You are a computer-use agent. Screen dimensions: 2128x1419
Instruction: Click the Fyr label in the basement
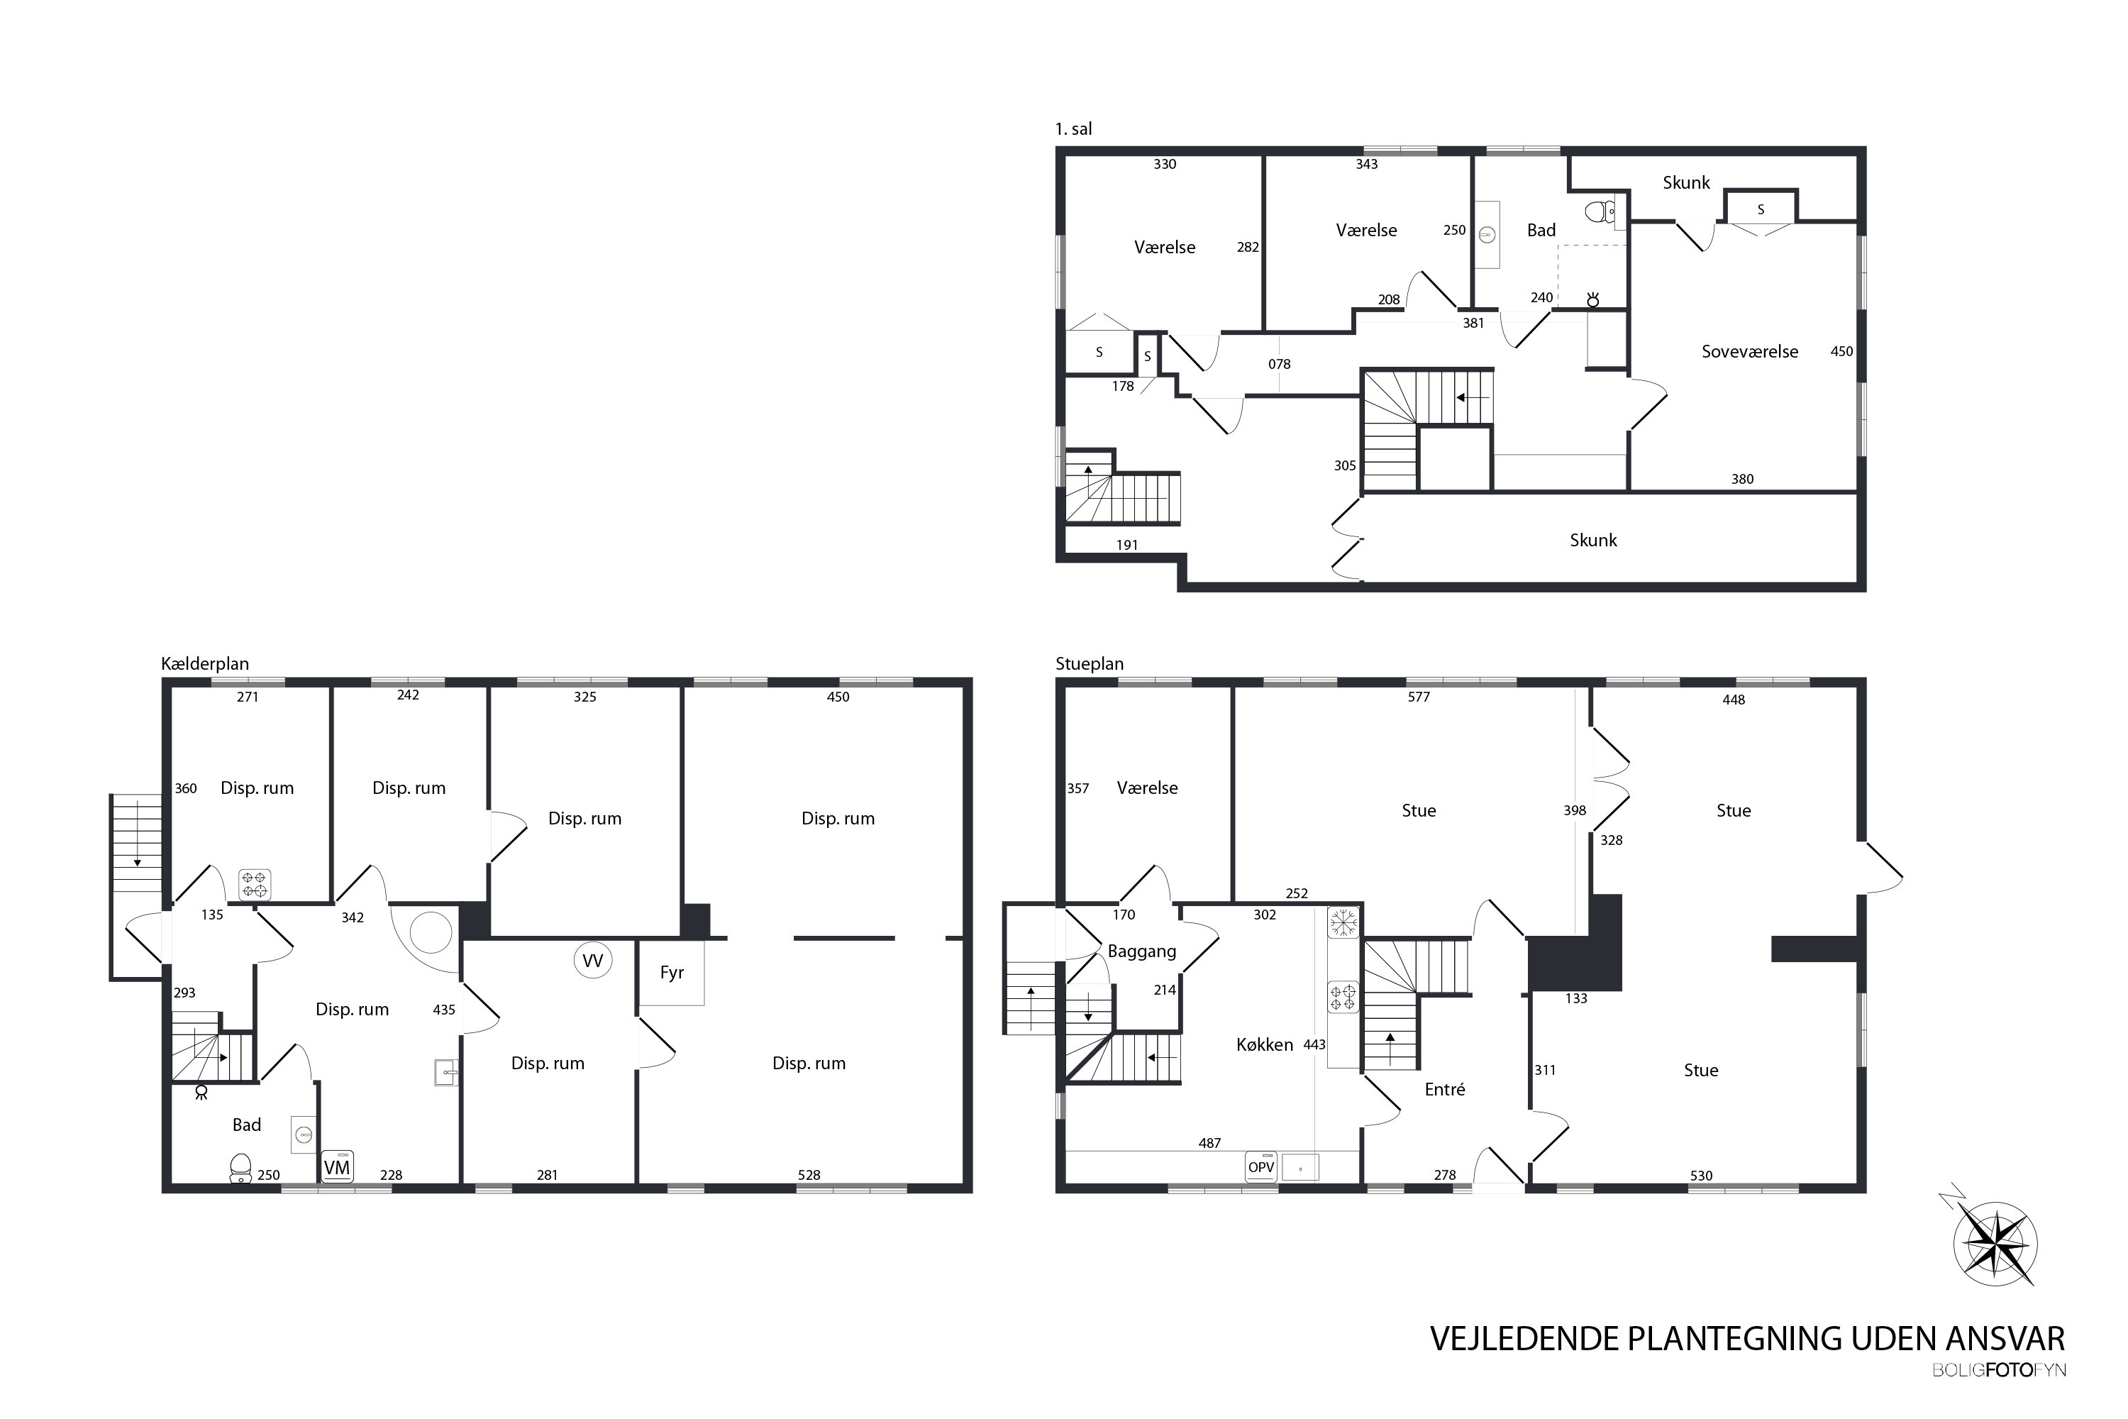(671, 973)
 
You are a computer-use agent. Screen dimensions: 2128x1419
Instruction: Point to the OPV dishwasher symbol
(1261, 1167)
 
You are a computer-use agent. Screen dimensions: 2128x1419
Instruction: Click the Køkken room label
(1265, 1044)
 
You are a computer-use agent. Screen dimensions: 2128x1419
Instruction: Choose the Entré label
(1444, 1090)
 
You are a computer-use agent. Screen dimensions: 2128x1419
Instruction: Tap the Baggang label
(1142, 952)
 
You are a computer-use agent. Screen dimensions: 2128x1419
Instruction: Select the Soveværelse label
(1750, 352)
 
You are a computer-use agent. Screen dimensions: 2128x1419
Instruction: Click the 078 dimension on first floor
(1280, 365)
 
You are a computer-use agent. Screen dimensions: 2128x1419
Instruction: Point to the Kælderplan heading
(204, 664)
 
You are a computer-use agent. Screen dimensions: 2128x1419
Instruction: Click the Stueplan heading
(1090, 664)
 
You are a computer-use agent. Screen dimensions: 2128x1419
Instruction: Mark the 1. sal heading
(1073, 129)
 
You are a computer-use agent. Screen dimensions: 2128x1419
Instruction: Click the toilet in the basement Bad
(240, 1169)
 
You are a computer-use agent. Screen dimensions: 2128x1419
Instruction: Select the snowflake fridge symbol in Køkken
(1343, 923)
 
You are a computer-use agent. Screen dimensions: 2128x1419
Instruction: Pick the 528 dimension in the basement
(809, 1175)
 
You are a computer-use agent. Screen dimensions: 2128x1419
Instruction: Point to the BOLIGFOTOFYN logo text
(2000, 1370)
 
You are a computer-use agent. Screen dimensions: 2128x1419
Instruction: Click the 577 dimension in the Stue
(1419, 697)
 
